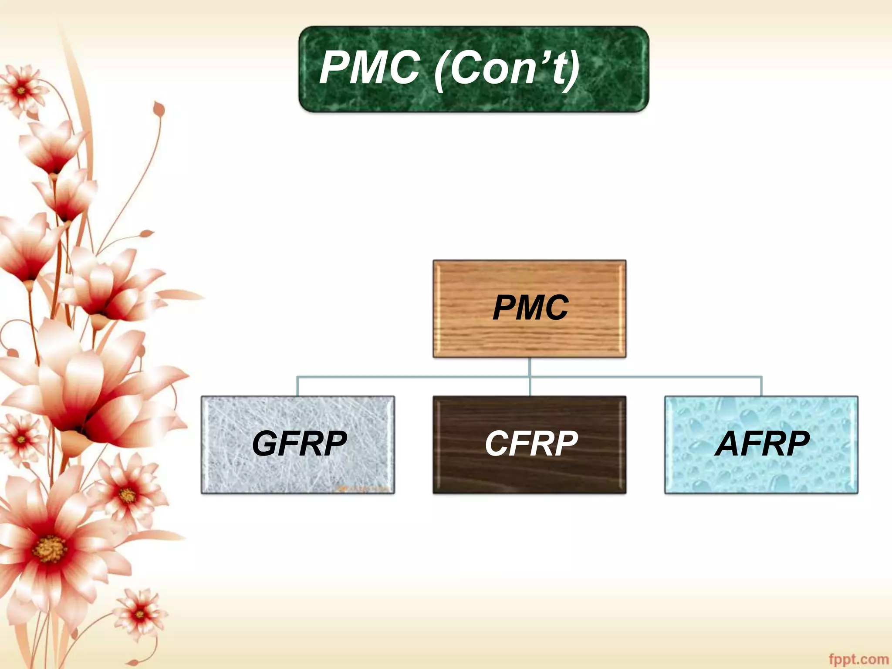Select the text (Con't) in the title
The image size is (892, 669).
pyautogui.click(x=507, y=69)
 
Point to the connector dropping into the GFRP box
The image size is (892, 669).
pyautogui.click(x=297, y=386)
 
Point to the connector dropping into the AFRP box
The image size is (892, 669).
pyautogui.click(x=761, y=386)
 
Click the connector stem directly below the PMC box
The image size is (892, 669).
pyautogui.click(x=530, y=367)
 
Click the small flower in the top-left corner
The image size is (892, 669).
pyautogui.click(x=21, y=91)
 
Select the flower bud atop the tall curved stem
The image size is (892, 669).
pyautogui.click(x=159, y=109)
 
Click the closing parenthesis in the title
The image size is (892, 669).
pyautogui.click(x=573, y=70)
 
